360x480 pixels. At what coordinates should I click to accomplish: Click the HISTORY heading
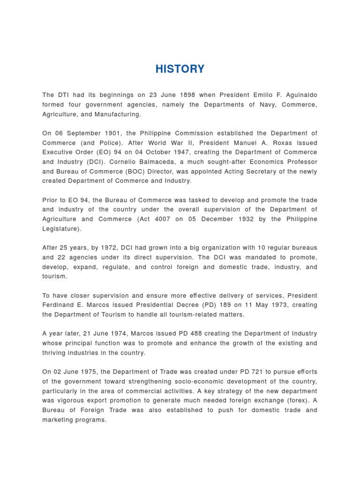point(180,69)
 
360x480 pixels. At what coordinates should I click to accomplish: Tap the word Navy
point(268,105)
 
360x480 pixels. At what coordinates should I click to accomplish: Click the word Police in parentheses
point(106,143)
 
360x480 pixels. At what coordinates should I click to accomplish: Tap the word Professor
point(300,162)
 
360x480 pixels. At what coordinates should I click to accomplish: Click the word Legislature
point(60,229)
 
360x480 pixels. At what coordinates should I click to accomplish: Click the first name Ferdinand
point(58,305)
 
